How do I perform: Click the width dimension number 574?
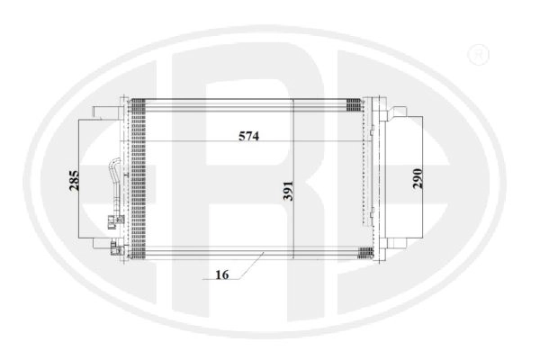point(248,137)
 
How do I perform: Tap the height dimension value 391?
point(288,191)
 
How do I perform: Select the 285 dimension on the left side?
point(74,180)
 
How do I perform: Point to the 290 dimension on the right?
point(418,178)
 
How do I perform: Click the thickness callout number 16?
point(222,274)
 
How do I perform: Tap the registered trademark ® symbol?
point(479,54)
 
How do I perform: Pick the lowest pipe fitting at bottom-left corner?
point(115,248)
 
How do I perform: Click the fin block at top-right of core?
point(354,104)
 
